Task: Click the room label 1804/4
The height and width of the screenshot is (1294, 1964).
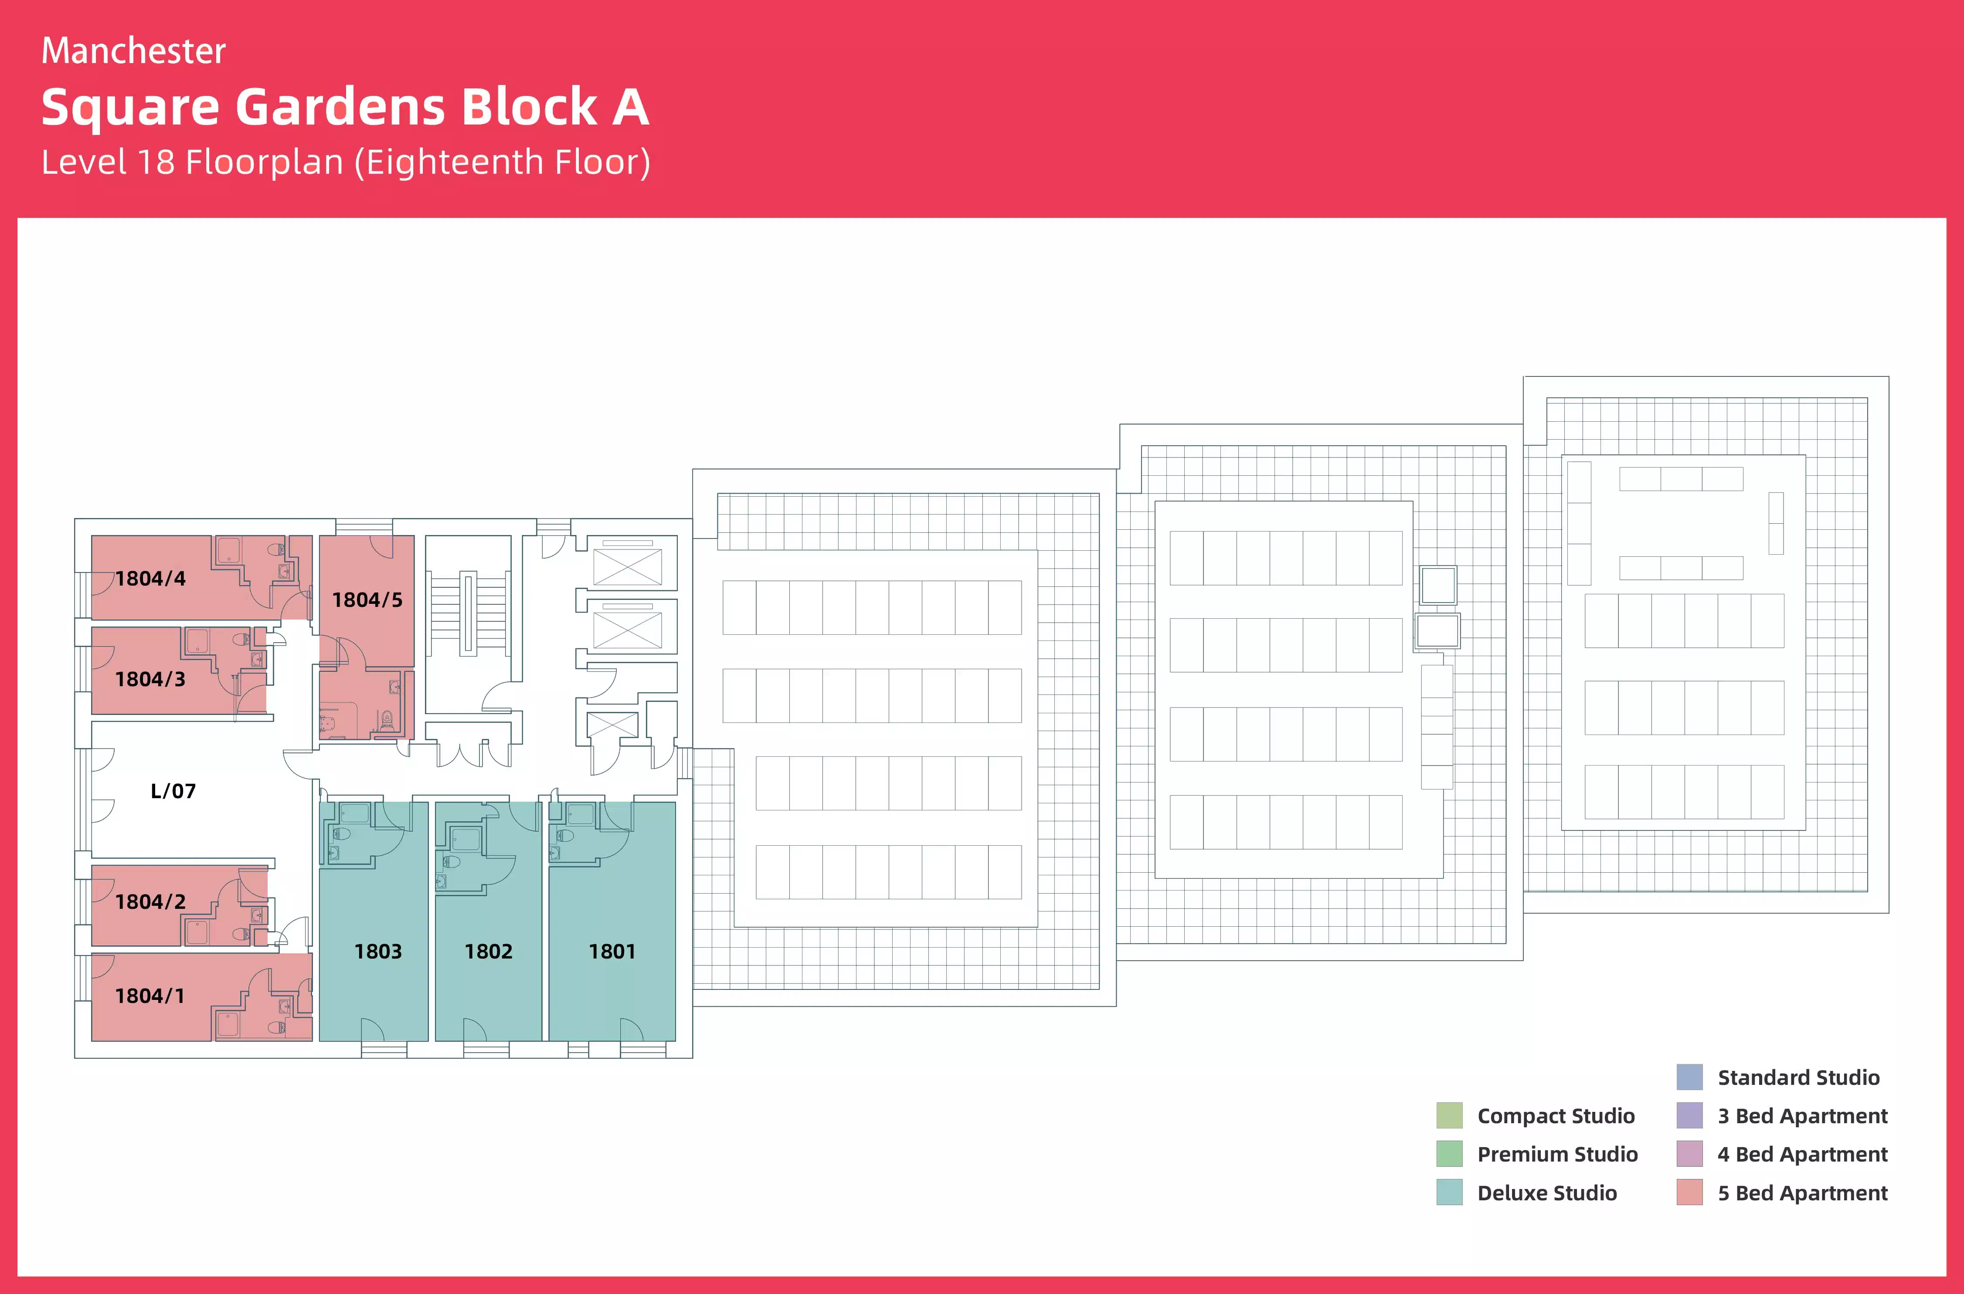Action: (x=150, y=579)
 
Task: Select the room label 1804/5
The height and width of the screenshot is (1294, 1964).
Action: (x=367, y=600)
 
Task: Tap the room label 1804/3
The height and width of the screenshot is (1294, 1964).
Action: (x=150, y=679)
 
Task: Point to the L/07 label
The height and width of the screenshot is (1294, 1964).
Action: (x=173, y=791)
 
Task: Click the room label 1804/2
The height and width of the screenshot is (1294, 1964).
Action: (x=150, y=902)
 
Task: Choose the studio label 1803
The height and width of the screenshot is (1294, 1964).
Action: (x=378, y=952)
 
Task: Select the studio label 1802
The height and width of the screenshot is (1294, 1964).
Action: (x=489, y=952)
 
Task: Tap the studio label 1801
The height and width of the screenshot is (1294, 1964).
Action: (x=612, y=952)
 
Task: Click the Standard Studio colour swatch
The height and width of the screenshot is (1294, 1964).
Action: (x=1689, y=1077)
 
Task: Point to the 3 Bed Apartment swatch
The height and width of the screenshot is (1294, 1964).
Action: (x=1689, y=1116)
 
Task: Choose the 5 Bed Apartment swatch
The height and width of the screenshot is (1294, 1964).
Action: (x=1689, y=1192)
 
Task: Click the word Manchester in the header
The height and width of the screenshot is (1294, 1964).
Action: (x=134, y=51)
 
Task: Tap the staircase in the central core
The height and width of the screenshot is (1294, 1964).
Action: (x=468, y=612)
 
